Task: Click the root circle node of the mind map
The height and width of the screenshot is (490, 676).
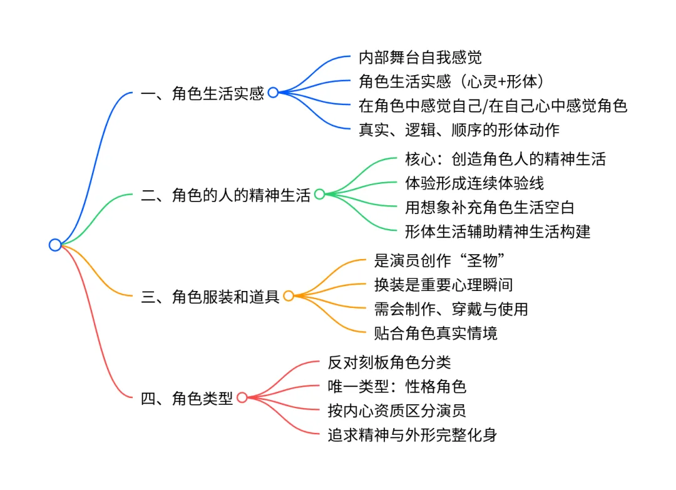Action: [55, 245]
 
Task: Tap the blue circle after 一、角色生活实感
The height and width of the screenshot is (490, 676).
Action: [273, 93]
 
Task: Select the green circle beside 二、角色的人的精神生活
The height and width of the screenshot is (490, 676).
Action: [319, 194]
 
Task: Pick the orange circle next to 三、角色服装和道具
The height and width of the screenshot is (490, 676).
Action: [289, 296]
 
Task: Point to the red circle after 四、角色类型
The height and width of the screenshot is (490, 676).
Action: [242, 397]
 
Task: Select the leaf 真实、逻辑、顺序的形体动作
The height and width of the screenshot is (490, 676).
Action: [459, 130]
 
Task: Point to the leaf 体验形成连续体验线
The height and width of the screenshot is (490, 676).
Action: [474, 183]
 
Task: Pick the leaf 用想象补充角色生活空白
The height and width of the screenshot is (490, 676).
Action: [489, 207]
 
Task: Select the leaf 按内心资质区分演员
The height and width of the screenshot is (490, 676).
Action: [397, 411]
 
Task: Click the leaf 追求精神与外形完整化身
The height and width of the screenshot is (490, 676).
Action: [412, 435]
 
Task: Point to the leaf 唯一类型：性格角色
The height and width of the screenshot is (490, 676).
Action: [397, 386]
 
